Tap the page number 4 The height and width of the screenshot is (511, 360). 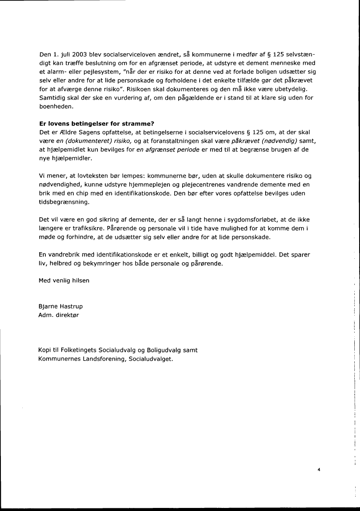click(x=319, y=470)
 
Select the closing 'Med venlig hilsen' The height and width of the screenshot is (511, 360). click(x=64, y=281)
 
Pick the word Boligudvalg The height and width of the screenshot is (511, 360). click(x=164, y=350)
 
